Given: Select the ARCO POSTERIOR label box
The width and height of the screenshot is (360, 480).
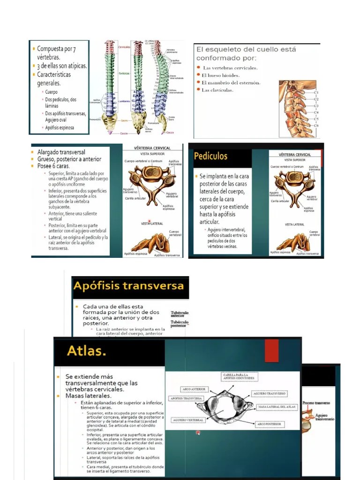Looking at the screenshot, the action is coord(269,424).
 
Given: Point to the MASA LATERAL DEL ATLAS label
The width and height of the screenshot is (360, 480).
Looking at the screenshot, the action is coord(277,407).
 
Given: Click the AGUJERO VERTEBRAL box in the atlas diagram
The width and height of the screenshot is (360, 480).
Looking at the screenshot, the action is coord(188,420).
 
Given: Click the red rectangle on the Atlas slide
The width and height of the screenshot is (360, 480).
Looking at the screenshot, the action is coord(271,351).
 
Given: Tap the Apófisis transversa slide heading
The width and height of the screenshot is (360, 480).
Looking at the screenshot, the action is coord(128,285).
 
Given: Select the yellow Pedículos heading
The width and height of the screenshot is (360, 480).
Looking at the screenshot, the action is coord(210,156).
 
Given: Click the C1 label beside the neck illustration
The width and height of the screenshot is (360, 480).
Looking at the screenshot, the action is coord(316,92).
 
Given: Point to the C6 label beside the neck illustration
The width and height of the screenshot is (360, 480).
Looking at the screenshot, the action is coord(316,125).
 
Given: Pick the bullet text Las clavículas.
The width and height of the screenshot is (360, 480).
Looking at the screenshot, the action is coord(217,90).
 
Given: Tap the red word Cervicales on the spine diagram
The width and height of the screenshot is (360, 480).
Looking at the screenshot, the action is coord(124,47).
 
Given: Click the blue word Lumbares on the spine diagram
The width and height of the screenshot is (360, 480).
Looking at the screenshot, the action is coord(124,101).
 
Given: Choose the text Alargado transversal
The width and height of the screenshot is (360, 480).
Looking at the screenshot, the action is coord(61,152).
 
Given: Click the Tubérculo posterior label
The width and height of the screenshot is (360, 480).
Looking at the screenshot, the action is coord(180,324).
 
